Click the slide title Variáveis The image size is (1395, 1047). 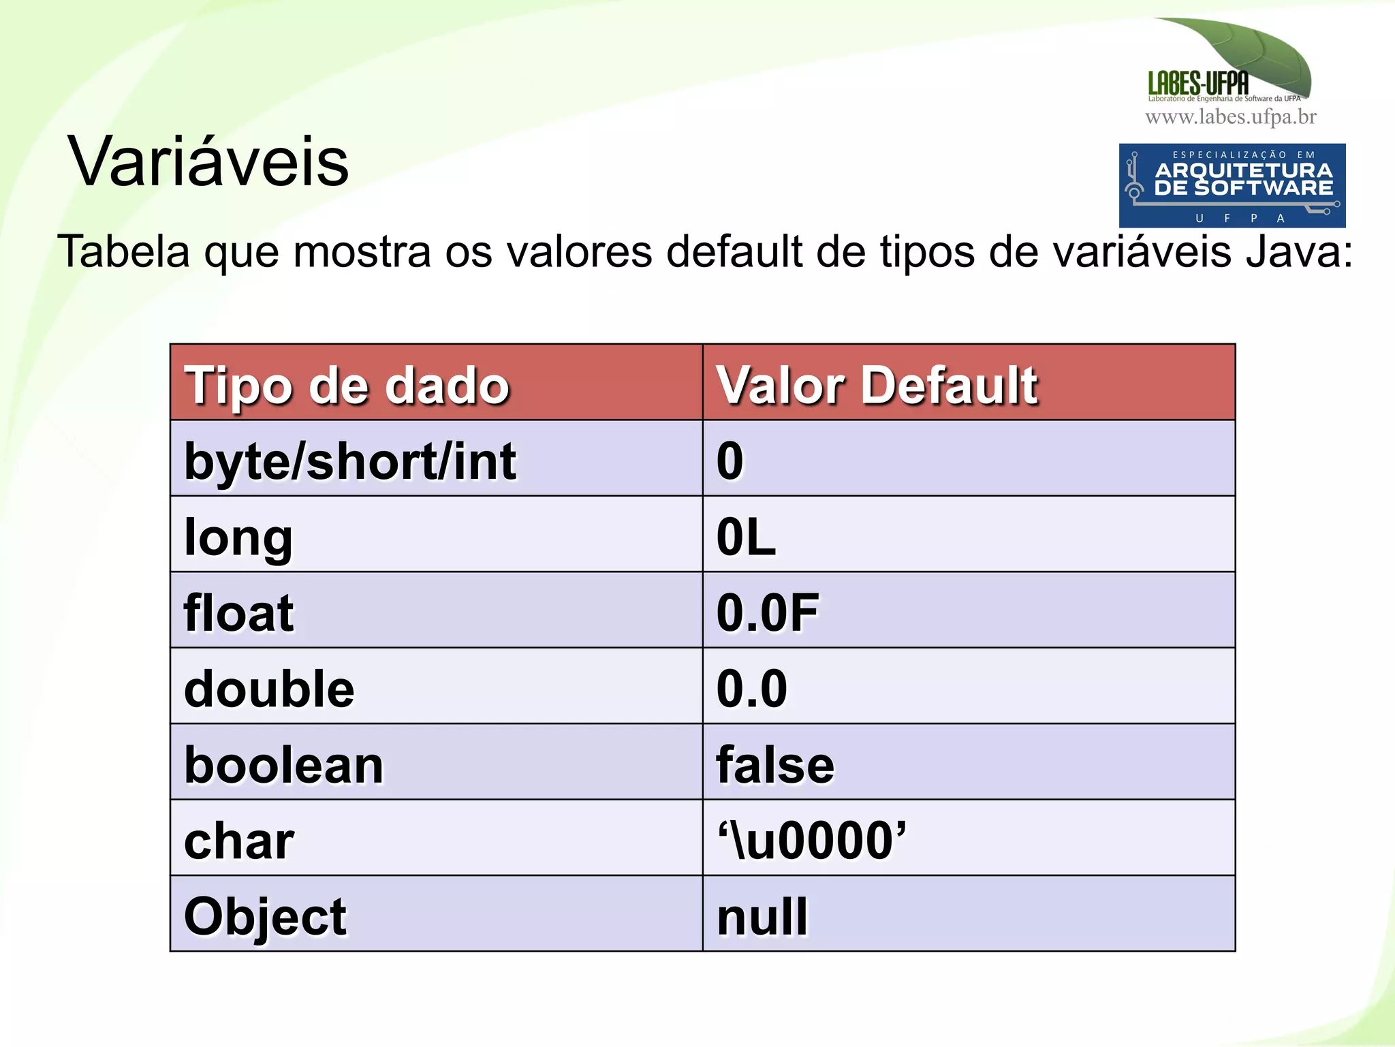click(208, 162)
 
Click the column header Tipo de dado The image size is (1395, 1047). click(347, 386)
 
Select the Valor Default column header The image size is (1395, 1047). click(877, 386)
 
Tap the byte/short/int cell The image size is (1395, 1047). click(350, 461)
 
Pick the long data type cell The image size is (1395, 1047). click(238, 537)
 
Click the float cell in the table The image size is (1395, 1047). click(239, 613)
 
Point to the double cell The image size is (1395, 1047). click(269, 689)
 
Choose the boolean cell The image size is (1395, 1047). click(284, 765)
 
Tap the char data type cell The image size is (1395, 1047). click(239, 841)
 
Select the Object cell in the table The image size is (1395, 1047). click(265, 916)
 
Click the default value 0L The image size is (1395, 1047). click(746, 537)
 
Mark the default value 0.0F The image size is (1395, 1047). click(768, 613)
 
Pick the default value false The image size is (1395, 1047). click(775, 765)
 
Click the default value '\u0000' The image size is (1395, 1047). click(812, 841)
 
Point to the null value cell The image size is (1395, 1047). click(762, 916)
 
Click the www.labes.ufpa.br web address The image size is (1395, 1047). click(1231, 117)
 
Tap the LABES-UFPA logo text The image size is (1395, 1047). click(1198, 83)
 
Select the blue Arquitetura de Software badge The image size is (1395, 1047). click(1232, 185)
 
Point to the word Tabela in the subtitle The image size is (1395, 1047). click(123, 251)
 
